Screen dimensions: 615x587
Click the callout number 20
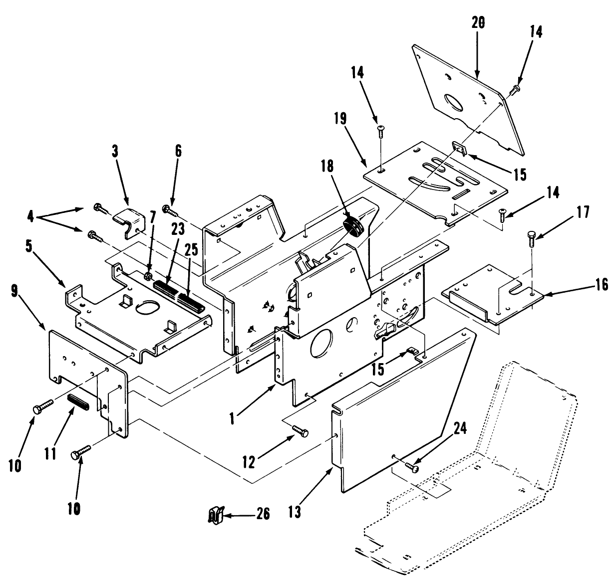[x=478, y=23]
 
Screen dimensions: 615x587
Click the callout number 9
[x=14, y=291]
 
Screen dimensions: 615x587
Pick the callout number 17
[x=584, y=212]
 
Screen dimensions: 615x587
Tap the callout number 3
[x=115, y=152]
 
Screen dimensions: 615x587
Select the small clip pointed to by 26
[x=216, y=515]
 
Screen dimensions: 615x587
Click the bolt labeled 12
[x=300, y=431]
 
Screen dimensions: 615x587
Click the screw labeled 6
[x=170, y=210]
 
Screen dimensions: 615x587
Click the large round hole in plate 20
[x=453, y=100]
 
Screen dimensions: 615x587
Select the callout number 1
[x=232, y=419]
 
